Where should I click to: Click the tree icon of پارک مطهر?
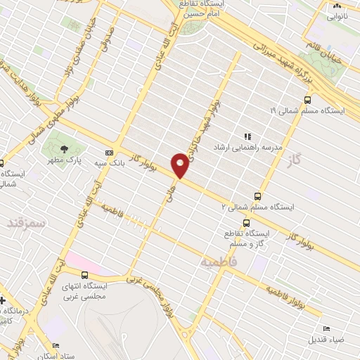tap(65, 149)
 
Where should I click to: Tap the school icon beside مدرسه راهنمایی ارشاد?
tap(247, 136)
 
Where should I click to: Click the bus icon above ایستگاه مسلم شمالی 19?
tap(307, 100)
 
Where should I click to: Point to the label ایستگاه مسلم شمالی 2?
tap(258, 207)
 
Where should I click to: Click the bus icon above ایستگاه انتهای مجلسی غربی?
tap(84, 275)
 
